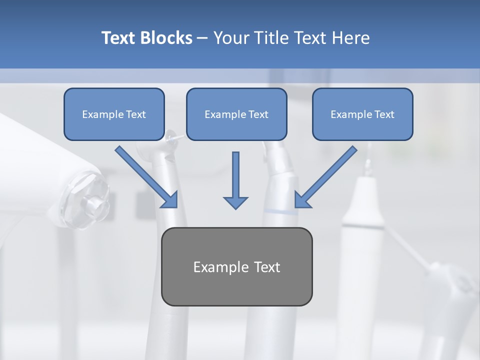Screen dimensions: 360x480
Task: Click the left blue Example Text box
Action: [x=114, y=114]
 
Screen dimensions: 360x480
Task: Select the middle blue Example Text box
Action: [x=236, y=114]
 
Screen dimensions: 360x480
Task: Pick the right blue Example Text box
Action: [x=362, y=114]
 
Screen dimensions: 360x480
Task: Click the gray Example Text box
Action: [x=236, y=266]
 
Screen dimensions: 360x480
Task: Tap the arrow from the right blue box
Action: [x=325, y=177]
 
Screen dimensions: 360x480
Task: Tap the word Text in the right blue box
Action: [x=384, y=114]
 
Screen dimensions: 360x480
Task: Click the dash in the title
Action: [x=202, y=38]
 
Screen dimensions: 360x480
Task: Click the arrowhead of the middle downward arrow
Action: [x=235, y=202]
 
